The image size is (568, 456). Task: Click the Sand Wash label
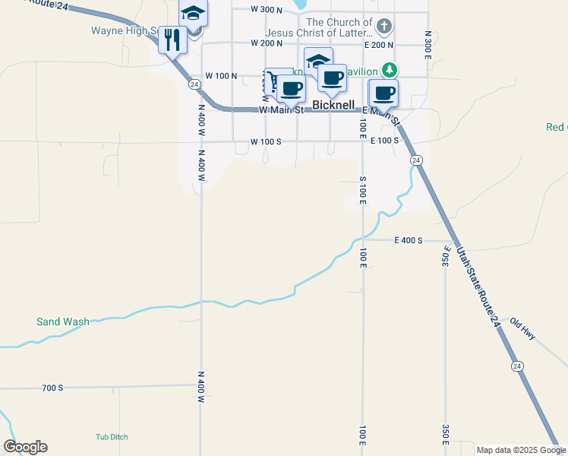click(x=62, y=321)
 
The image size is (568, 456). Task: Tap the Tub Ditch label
click(x=112, y=437)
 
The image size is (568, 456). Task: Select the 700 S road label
click(x=52, y=388)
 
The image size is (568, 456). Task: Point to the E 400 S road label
click(x=408, y=240)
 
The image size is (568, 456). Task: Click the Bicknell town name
click(x=333, y=105)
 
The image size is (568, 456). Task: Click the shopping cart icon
click(x=272, y=81)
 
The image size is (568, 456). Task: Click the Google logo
click(x=25, y=447)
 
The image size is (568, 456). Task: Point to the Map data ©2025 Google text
click(x=521, y=450)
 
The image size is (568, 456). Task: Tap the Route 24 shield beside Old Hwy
click(x=518, y=366)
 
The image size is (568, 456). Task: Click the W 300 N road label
click(x=267, y=10)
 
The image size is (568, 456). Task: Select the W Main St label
click(x=281, y=109)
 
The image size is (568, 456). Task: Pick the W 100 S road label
click(x=267, y=141)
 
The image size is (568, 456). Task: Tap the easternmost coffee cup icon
click(x=383, y=93)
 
